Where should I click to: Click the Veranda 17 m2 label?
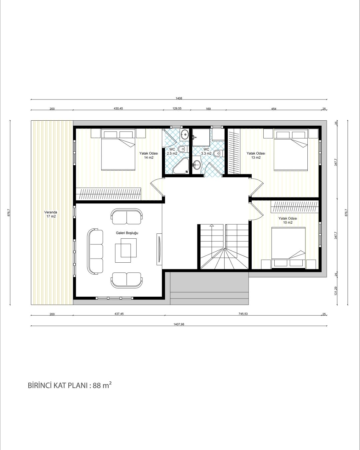(51, 214)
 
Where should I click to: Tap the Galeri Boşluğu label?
(127, 233)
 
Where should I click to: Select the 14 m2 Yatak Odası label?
(149, 155)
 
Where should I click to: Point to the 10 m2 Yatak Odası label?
(288, 220)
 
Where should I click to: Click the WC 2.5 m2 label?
(172, 151)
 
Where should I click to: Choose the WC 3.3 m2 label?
(206, 151)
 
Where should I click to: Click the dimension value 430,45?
(118, 109)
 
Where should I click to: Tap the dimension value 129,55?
(177, 109)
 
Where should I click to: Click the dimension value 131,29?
(336, 291)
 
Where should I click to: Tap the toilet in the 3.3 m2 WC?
(219, 153)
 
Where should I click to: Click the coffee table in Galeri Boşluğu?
(126, 251)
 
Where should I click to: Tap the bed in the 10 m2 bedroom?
(288, 247)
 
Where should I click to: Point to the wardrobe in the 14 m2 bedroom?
(108, 194)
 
